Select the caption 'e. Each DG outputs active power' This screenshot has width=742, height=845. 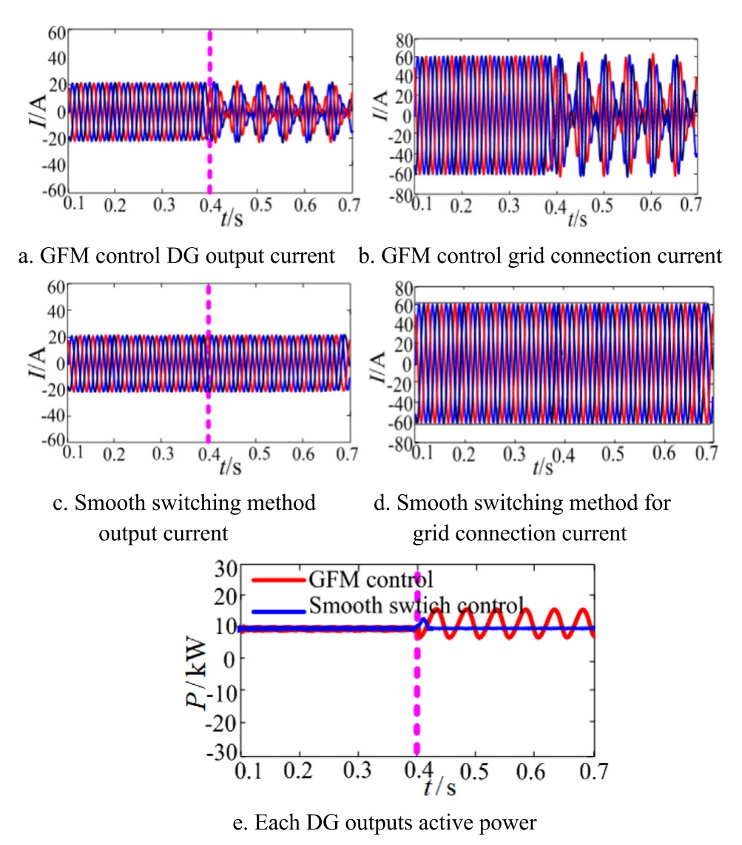pyautogui.click(x=371, y=824)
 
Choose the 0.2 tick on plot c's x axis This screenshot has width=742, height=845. pyautogui.click(x=115, y=452)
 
